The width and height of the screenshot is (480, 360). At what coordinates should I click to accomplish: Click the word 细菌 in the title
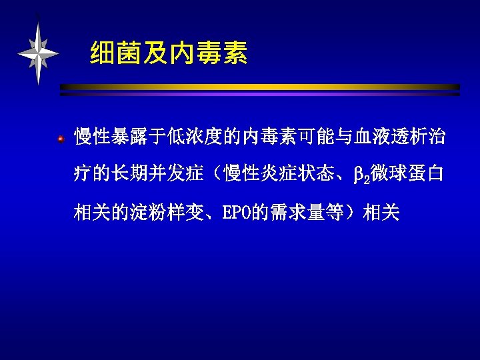[x=111, y=53]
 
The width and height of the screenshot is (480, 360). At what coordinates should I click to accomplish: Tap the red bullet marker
[x=61, y=139]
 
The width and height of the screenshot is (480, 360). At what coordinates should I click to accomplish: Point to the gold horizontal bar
[x=260, y=87]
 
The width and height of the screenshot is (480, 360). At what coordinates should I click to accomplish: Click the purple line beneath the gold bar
[x=260, y=94]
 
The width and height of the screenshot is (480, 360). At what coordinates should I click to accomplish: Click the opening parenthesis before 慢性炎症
[x=217, y=175]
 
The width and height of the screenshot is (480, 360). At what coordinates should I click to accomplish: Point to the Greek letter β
[x=357, y=176]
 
